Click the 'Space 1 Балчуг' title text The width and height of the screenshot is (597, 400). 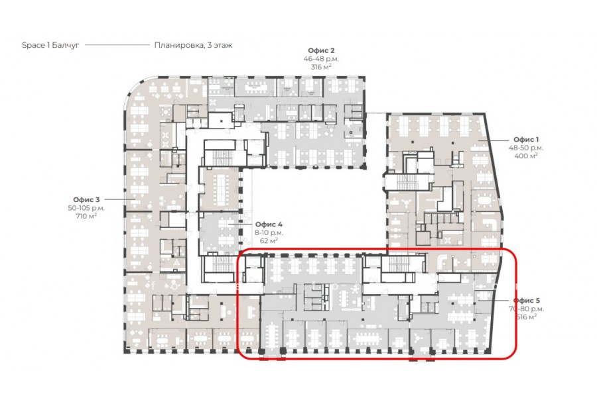point(50,45)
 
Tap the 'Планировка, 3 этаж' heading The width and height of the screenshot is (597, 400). point(193,45)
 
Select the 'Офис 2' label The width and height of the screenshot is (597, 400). point(321,50)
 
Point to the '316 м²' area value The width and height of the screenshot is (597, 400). point(321,67)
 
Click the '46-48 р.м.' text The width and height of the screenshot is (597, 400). point(321,59)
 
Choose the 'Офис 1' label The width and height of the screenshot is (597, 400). point(526,140)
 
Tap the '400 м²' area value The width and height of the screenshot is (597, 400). point(526,156)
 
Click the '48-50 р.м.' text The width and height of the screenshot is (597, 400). point(526,148)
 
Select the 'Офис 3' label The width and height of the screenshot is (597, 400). point(86,199)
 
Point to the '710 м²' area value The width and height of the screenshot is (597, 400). point(86,216)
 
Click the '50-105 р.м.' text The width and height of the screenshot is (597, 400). point(86,208)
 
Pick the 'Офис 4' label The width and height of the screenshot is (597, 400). point(269,225)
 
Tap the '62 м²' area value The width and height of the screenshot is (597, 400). point(269,240)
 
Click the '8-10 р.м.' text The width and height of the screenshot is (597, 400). point(269,232)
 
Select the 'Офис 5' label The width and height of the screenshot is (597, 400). point(527,301)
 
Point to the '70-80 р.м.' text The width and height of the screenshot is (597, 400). point(527,309)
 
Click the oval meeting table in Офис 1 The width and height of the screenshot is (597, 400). point(485,199)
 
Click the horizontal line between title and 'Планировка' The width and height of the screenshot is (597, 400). point(117,45)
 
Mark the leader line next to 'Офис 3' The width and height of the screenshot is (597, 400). point(120,199)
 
